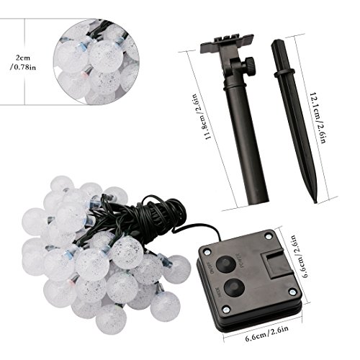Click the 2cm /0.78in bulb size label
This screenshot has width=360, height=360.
coord(23,63)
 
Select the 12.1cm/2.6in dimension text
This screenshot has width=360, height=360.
coord(318,117)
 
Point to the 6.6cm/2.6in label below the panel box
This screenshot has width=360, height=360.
coord(267,332)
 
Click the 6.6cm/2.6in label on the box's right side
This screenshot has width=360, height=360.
coord(300,256)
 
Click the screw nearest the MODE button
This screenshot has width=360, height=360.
coord(226,310)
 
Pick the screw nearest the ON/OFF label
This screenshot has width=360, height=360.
coord(207,252)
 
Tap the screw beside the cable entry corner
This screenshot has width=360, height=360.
coord(268,236)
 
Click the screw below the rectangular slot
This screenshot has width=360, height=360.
coord(292,292)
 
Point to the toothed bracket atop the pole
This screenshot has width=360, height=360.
coord(227,44)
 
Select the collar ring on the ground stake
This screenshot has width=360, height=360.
coord(284,73)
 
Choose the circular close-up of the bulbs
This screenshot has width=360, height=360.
coord(96,62)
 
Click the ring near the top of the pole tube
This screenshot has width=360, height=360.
coord(235,86)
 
